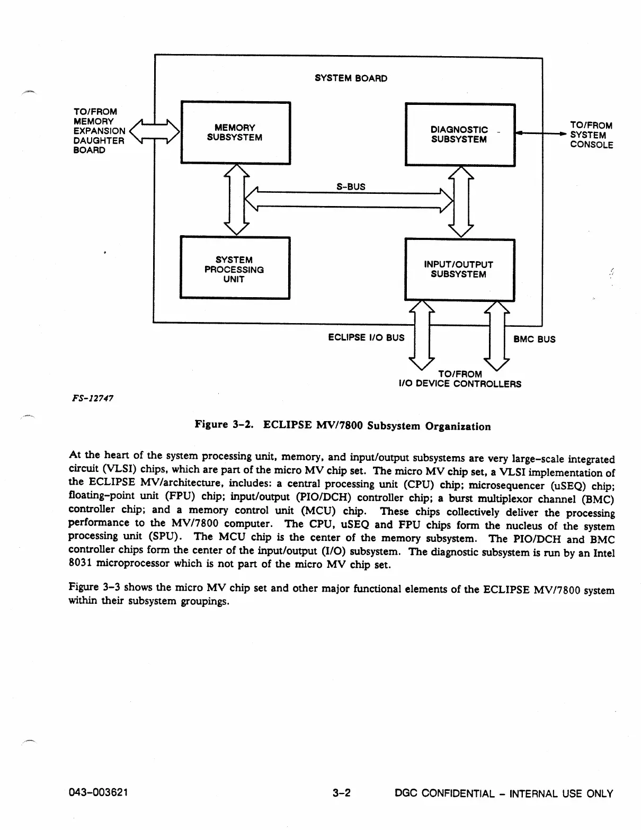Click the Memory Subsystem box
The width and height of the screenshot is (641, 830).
point(235,132)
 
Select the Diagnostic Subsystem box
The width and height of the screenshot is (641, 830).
point(459,135)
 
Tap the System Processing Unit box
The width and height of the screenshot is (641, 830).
point(235,269)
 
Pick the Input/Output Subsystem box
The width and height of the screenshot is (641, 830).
point(459,269)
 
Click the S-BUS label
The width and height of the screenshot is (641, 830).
point(351,186)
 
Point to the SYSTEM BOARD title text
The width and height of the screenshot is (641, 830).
point(351,78)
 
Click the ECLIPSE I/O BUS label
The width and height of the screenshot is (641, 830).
point(366,337)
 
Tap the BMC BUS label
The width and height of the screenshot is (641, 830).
point(535,339)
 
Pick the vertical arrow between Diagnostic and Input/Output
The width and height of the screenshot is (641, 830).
point(461,201)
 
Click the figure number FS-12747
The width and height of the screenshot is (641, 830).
point(94,397)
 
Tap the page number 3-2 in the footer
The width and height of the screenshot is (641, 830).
point(342,793)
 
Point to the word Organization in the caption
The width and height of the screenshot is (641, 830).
point(458,426)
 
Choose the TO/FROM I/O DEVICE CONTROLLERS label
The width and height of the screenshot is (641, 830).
point(460,379)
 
